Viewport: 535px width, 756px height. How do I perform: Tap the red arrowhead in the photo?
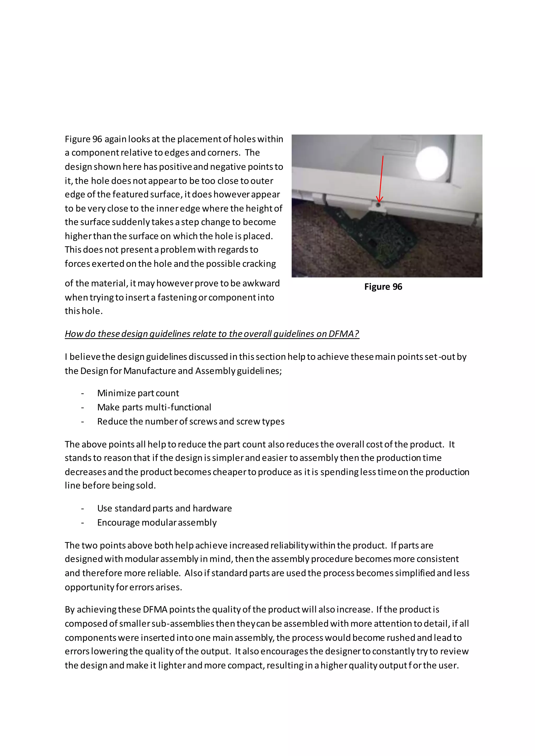tap(380, 199)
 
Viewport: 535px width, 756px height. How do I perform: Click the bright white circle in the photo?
tap(432, 162)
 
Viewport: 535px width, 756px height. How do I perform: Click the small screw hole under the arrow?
tap(378, 205)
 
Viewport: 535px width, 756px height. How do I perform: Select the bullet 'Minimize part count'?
tap(138, 393)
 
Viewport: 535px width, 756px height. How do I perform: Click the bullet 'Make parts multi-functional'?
tap(154, 407)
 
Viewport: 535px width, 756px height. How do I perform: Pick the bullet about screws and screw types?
tap(191, 421)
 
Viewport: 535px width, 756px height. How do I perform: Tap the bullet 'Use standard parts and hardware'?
tap(164, 508)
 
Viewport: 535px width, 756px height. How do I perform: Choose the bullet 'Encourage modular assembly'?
tap(157, 523)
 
